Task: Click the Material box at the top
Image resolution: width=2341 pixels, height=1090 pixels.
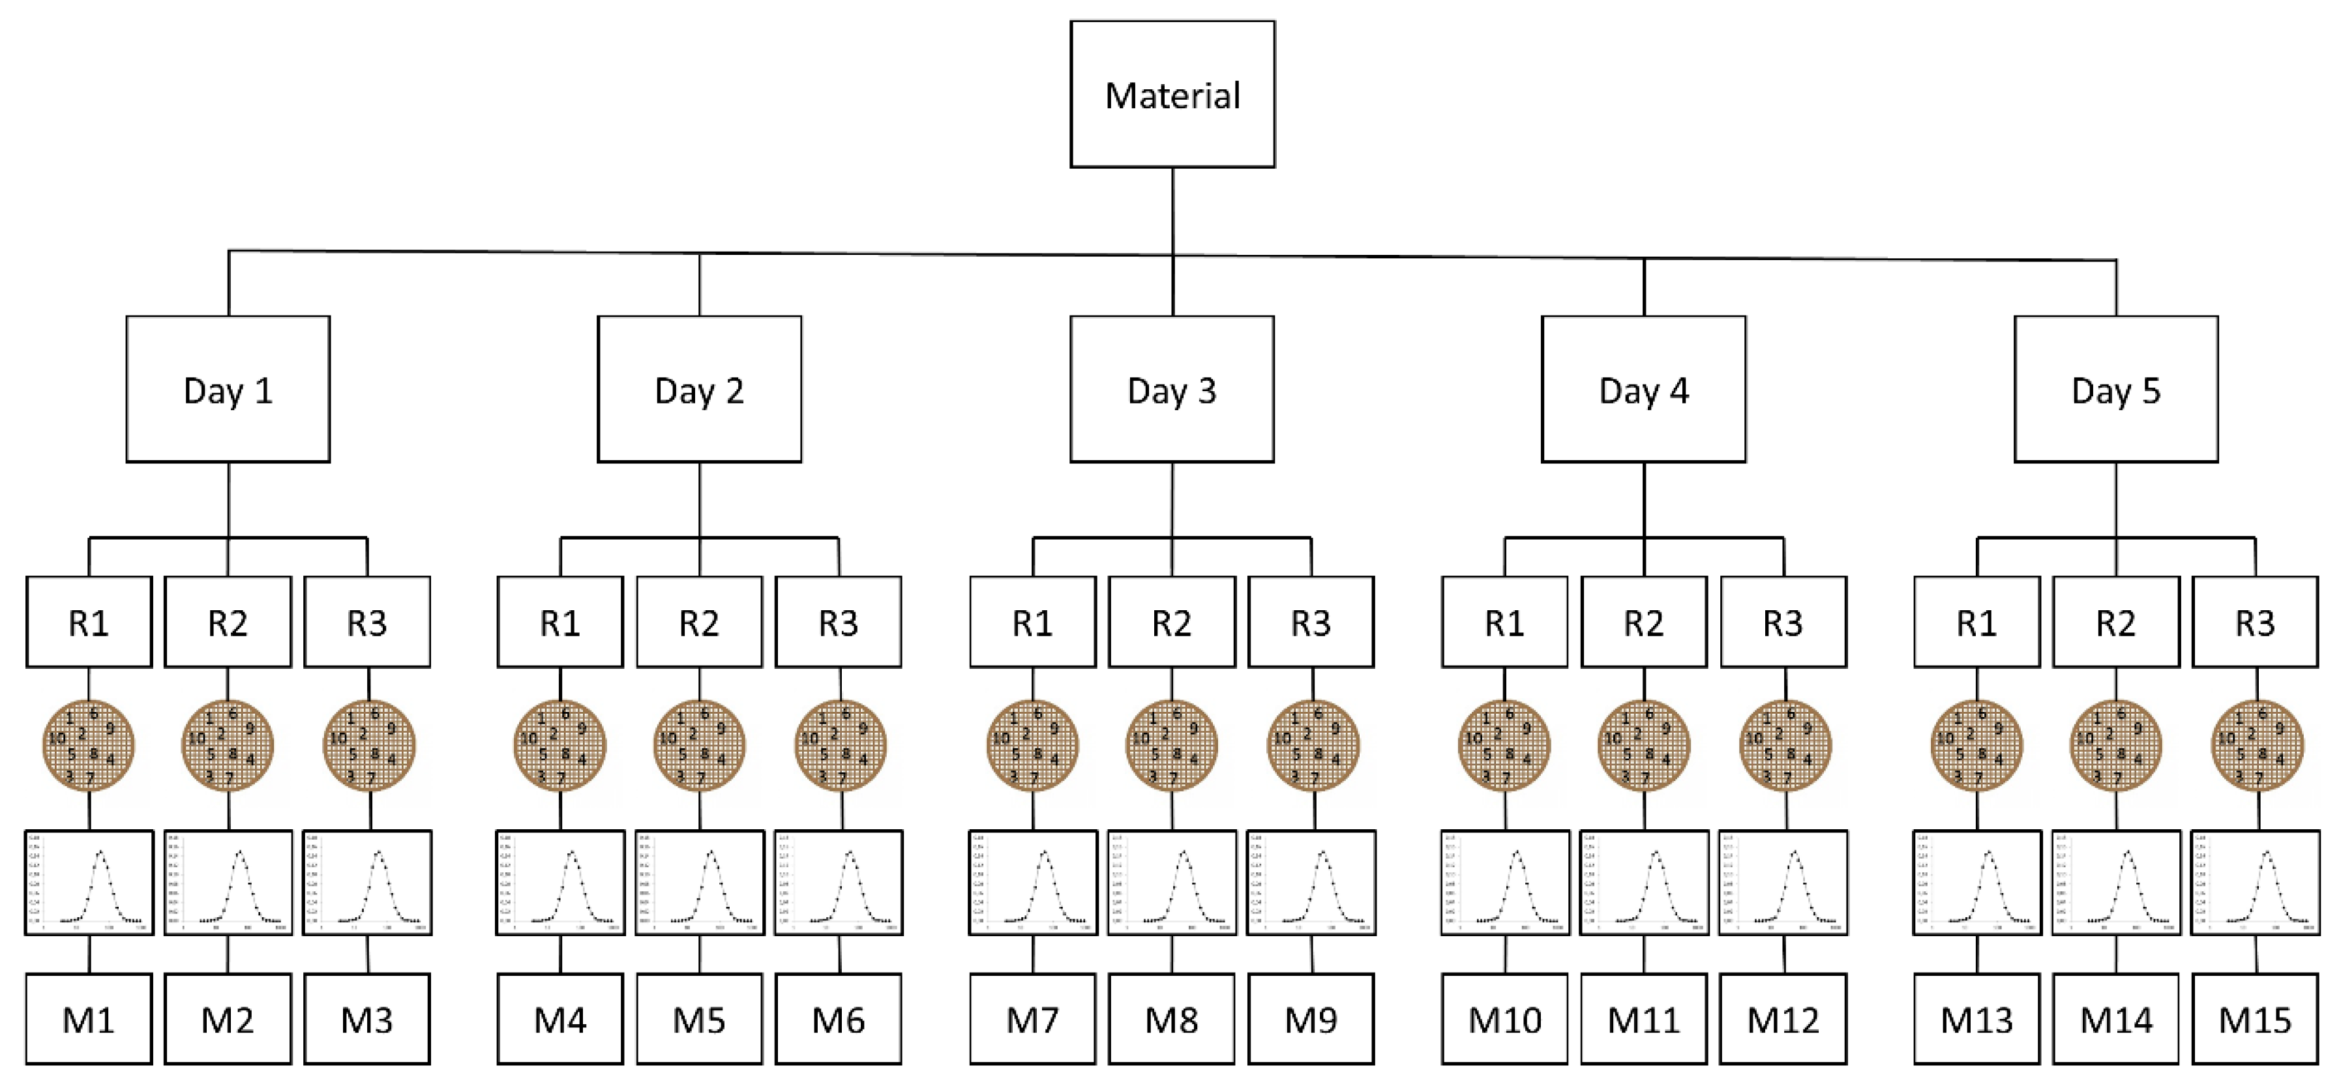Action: pos(1172,95)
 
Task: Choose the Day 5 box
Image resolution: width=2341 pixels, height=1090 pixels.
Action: pos(2115,390)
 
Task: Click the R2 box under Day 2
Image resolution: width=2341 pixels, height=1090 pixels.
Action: pos(699,622)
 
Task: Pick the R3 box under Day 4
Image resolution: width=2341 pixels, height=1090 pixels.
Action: pos(1783,622)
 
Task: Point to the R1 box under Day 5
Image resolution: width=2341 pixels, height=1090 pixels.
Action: pos(1976,622)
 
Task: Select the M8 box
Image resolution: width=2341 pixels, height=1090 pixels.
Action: pos(1171,1019)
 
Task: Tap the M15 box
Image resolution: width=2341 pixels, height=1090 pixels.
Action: pos(2255,1019)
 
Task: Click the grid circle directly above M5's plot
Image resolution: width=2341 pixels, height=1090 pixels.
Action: pos(699,745)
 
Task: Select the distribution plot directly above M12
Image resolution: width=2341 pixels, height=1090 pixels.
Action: pos(1783,883)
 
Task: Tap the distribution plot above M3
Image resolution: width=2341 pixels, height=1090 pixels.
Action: pos(367,883)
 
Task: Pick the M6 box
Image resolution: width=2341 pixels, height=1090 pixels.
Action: pos(838,1019)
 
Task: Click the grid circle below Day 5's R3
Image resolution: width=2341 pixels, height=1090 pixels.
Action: pos(2256,745)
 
